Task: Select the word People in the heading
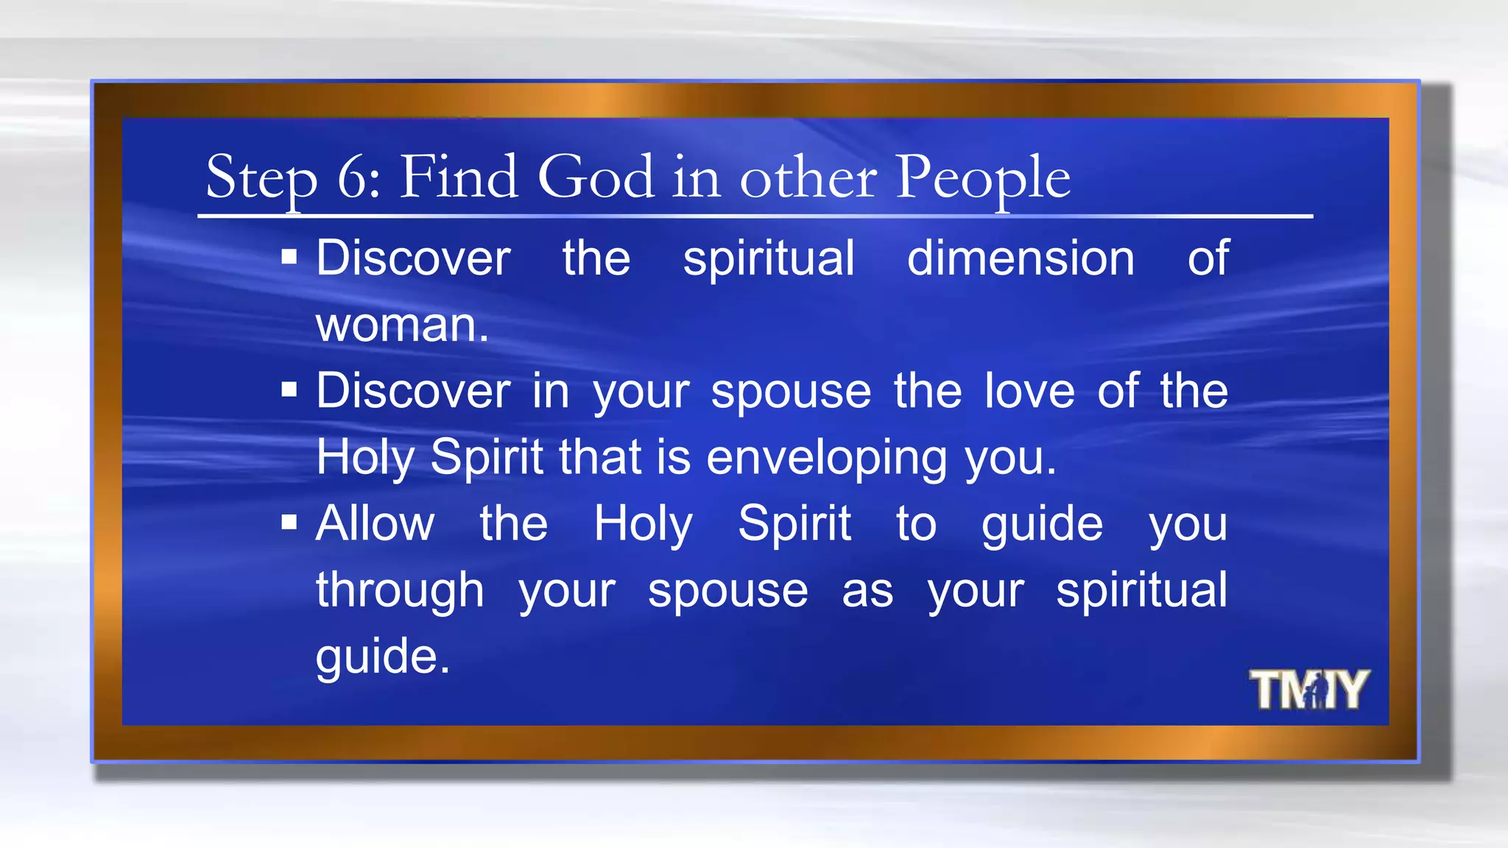[x=982, y=179]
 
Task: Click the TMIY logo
[x=1308, y=690]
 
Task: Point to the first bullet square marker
[x=289, y=257]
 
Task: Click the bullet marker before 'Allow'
[x=289, y=523]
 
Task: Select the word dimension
[x=1021, y=258]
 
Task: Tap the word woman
[x=401, y=325]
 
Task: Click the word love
[x=1029, y=391]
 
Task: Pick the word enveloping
[x=826, y=459]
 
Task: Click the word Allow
[x=375, y=523]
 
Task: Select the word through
[x=400, y=591]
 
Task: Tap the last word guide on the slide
[x=382, y=657]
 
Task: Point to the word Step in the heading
[x=261, y=179]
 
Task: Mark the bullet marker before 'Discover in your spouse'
[x=289, y=389]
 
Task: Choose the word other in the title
[x=808, y=179]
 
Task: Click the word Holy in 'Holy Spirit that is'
[x=364, y=458]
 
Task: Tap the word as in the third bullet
[x=867, y=591]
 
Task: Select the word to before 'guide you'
[x=916, y=524]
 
